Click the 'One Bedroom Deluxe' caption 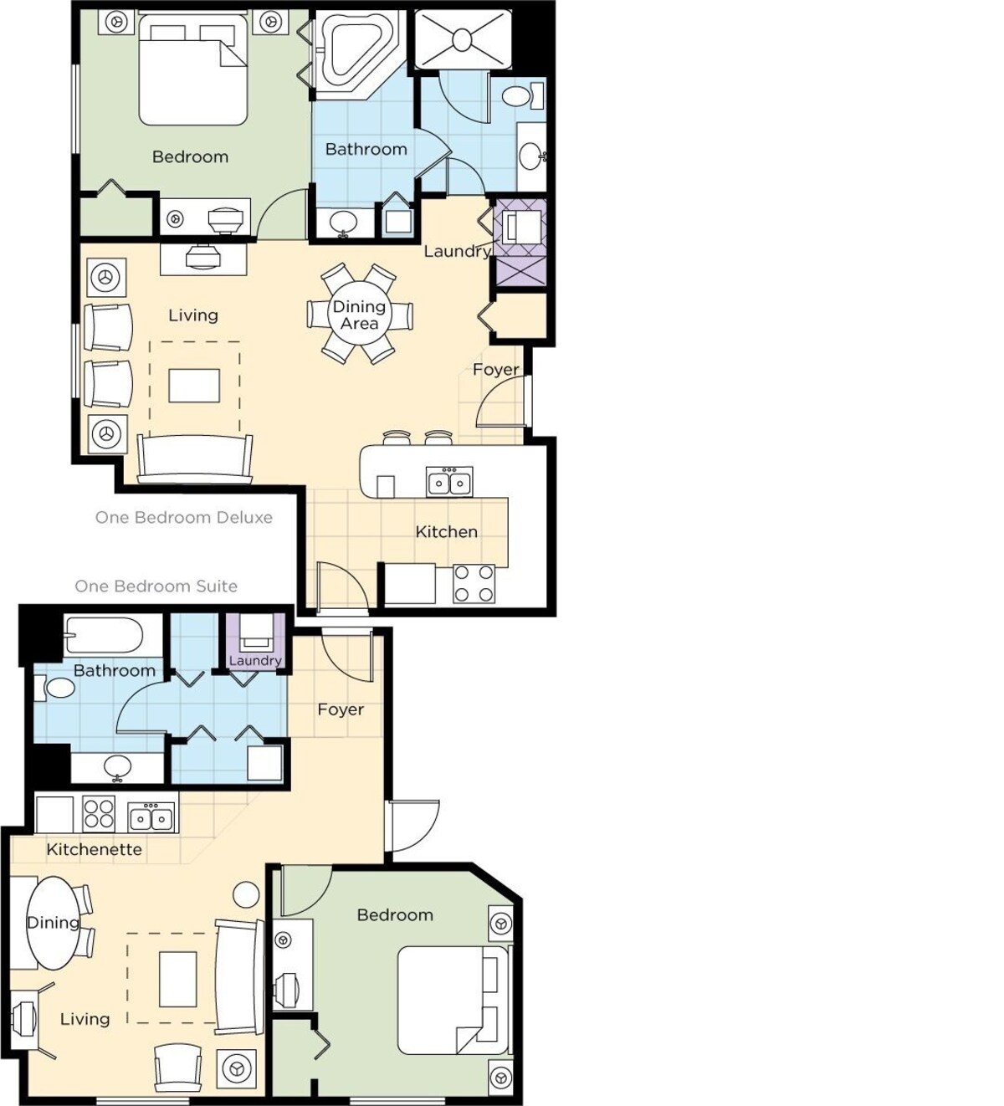pyautogui.click(x=184, y=518)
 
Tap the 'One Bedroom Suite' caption pyautogui.click(x=156, y=586)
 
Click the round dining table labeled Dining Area pyautogui.click(x=360, y=314)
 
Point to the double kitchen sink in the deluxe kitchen pyautogui.click(x=449, y=481)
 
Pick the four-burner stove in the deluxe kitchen pyautogui.click(x=474, y=583)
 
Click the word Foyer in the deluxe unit pyautogui.click(x=496, y=370)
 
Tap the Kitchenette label pyautogui.click(x=95, y=849)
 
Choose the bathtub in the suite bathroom pyautogui.click(x=105, y=637)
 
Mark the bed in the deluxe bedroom pyautogui.click(x=192, y=69)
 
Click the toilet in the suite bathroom pyautogui.click(x=54, y=689)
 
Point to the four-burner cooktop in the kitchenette pyautogui.click(x=99, y=814)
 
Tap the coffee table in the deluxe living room pyautogui.click(x=194, y=386)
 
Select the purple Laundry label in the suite pyautogui.click(x=255, y=661)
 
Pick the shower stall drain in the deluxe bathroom pyautogui.click(x=463, y=39)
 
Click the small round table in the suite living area pyautogui.click(x=246, y=892)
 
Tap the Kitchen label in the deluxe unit pyautogui.click(x=446, y=532)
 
